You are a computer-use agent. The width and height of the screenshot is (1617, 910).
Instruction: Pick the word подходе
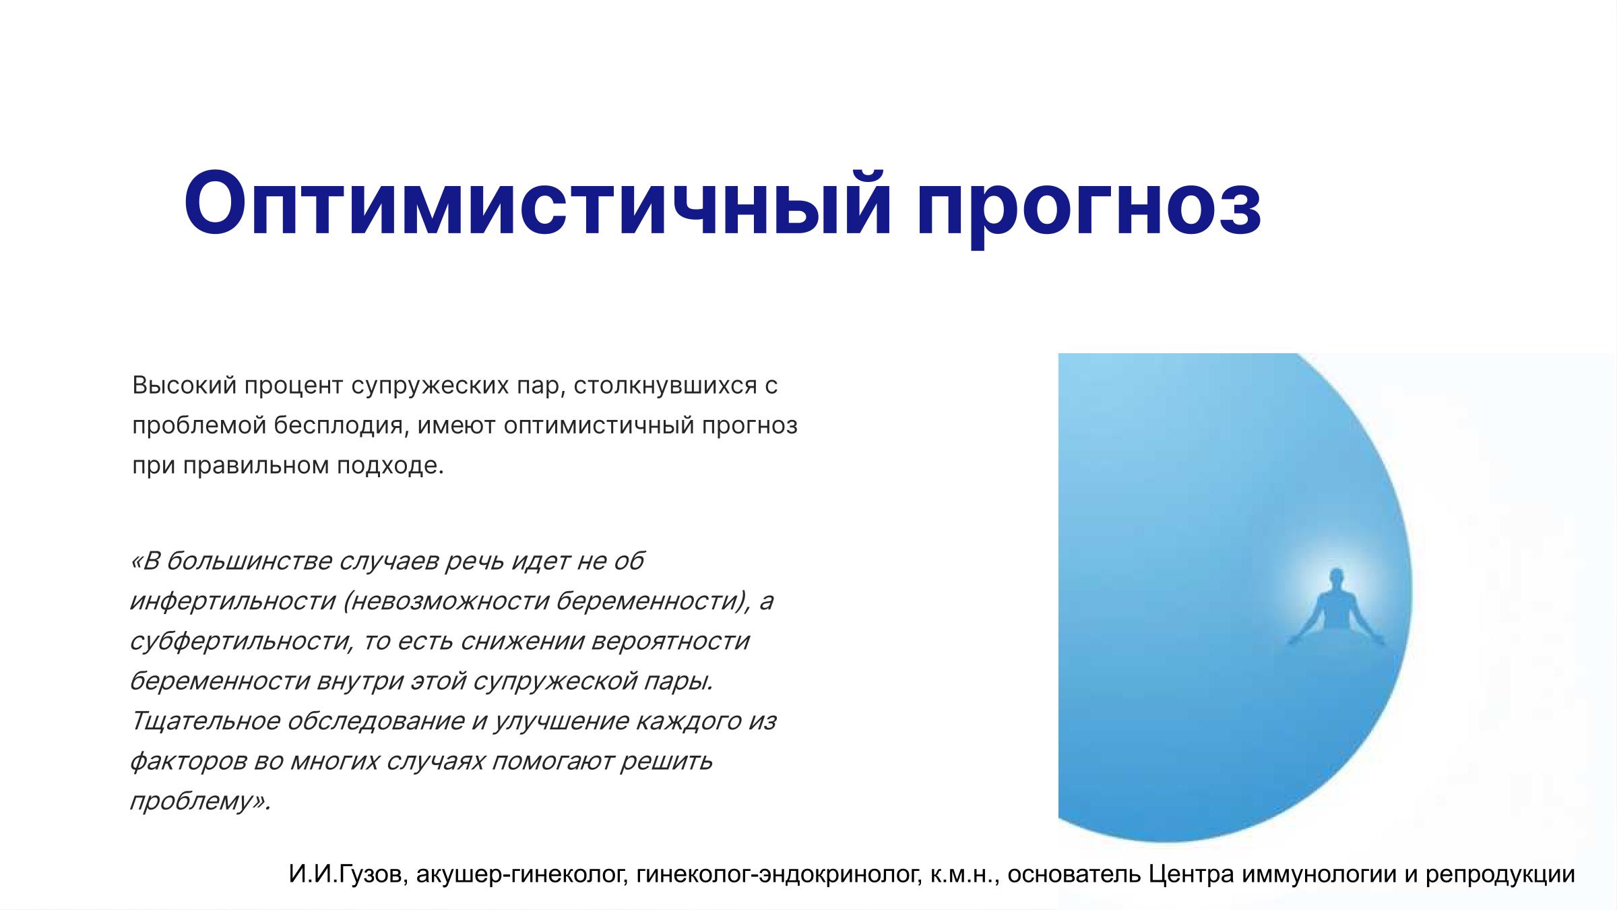pos(390,466)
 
